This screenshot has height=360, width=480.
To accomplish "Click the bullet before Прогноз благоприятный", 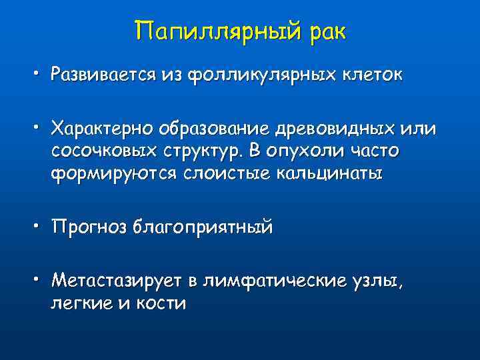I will (39, 226).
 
